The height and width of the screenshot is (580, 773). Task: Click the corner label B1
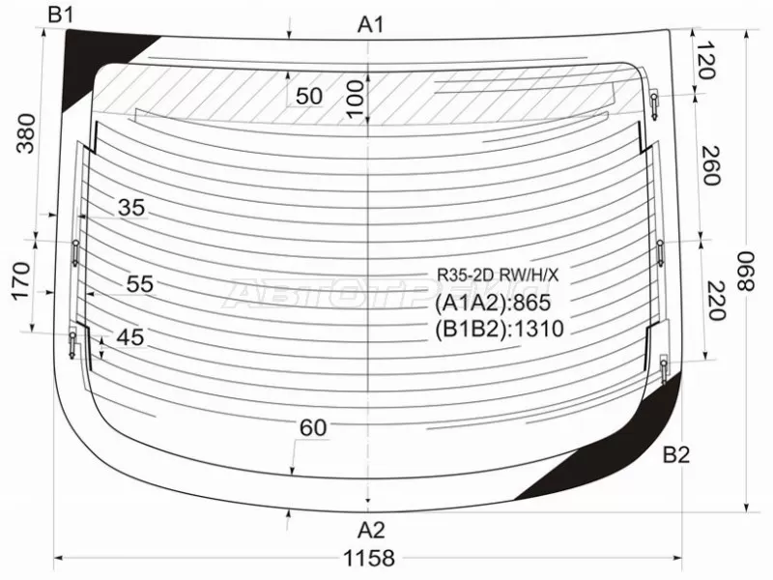point(61,15)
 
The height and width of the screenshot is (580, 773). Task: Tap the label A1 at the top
point(371,24)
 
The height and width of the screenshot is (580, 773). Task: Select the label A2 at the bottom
point(371,530)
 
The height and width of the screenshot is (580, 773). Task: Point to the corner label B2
point(675,454)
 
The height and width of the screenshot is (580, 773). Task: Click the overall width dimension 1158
point(369,559)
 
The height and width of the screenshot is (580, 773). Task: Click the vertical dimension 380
point(26,133)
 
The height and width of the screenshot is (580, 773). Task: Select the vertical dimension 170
point(20,281)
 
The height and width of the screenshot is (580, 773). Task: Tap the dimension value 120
point(705,60)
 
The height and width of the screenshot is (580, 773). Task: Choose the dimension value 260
point(710,165)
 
